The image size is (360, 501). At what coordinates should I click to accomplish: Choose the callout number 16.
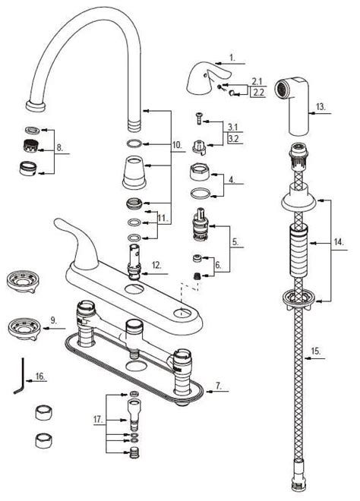pyautogui.click(x=40, y=375)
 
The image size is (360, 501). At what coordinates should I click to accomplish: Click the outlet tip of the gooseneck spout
pyautogui.click(x=34, y=103)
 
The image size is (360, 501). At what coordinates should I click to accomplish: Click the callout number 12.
pyautogui.click(x=156, y=265)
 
